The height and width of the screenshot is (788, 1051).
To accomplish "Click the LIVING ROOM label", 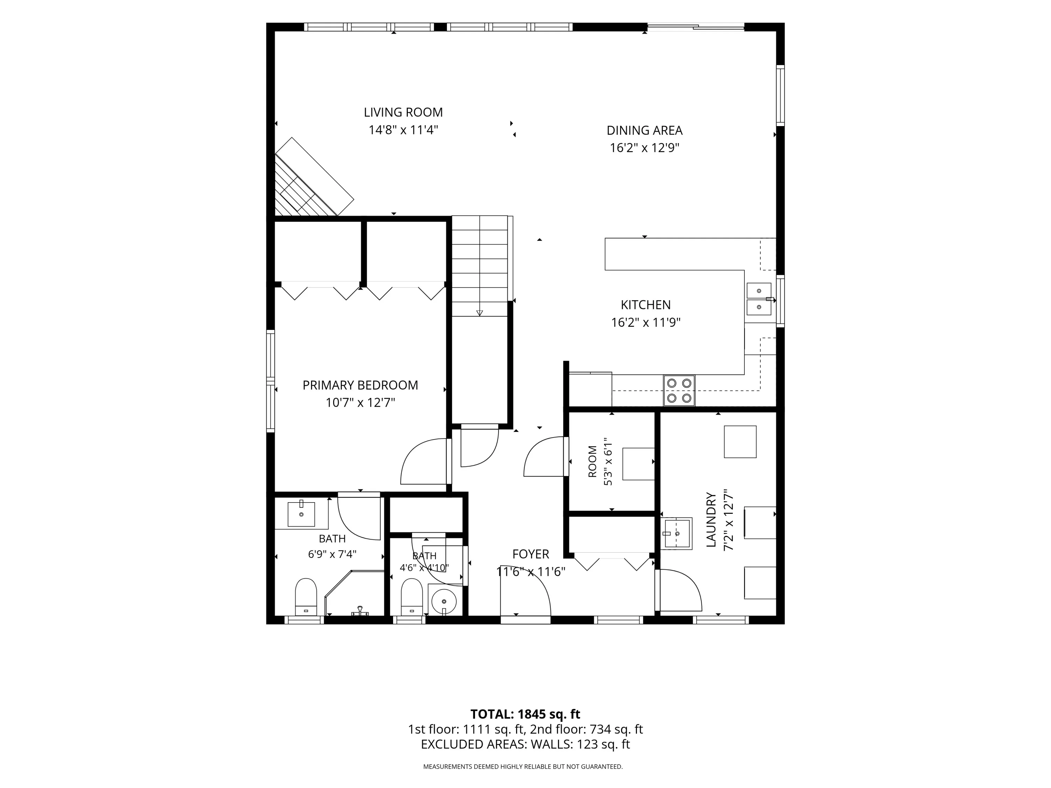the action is pos(403,112).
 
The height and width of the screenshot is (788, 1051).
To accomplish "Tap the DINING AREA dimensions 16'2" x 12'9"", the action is pos(644,148).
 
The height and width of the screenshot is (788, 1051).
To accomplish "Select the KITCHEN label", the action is pos(646,305).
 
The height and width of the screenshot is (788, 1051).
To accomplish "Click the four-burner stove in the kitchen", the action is pos(679,390).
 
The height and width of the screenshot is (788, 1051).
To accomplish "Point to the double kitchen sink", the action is pos(759,299).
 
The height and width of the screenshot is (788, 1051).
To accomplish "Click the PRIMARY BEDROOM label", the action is pos(360,385).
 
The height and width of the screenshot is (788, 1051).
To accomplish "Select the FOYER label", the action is pos(531,554).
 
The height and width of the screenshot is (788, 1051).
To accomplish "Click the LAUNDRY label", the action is pos(711,520).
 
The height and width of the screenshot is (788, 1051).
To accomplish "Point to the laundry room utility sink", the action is pos(676,534).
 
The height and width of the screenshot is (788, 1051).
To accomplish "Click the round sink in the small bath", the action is pos(444,602).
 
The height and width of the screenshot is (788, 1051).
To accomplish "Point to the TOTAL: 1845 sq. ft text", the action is pos(525,714).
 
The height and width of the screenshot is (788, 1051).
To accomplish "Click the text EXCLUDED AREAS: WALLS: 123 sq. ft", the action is pos(525,744).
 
